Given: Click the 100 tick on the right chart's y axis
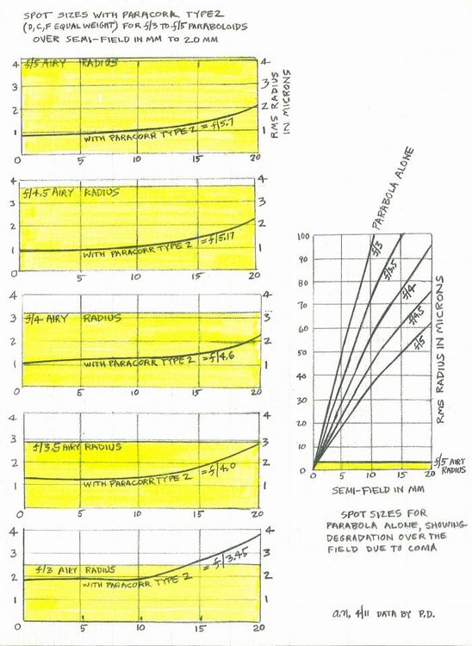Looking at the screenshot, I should tap(303, 235).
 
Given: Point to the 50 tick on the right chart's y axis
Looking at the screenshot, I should tap(304, 353).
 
